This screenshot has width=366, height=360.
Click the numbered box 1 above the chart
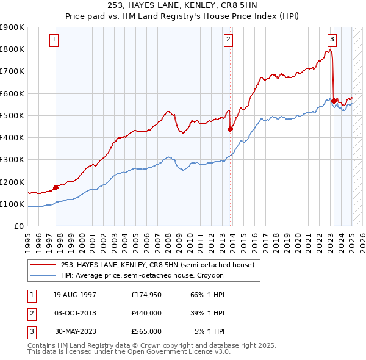(54, 40)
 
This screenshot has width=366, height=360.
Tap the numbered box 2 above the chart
(228, 40)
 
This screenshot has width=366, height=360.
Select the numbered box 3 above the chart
(332, 40)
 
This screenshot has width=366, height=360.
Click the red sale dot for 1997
(56, 187)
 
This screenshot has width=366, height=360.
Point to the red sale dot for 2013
(230, 129)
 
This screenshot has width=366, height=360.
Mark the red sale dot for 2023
(334, 101)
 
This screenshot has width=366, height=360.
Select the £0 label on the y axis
(18, 226)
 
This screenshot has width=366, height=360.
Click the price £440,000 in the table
(146, 313)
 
